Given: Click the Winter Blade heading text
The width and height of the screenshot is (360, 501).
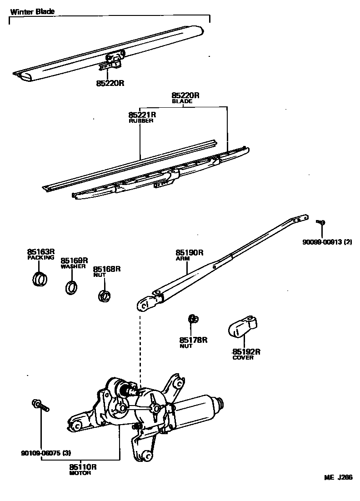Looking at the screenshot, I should tap(33, 11).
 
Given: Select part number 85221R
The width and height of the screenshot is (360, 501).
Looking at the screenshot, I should tap(142, 115).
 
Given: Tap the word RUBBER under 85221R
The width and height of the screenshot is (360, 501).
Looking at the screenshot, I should tap(142, 121).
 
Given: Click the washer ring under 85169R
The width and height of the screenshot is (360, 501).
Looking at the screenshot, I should tap(71, 288).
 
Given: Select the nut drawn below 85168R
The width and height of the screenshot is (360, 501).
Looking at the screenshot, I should tap(105, 296).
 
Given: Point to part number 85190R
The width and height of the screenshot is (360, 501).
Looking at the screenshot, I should tap(190, 252).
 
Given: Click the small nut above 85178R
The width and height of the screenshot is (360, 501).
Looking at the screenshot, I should tap(192, 318).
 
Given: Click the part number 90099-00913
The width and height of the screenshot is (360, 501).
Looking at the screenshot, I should tap(323, 242).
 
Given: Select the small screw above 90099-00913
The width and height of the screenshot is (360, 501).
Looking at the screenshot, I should tap(320, 222).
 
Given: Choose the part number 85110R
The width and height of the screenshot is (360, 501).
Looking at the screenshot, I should tap(83, 466).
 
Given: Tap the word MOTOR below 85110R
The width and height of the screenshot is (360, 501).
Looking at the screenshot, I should tap(80, 473).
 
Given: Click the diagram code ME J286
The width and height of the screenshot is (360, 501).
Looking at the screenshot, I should tap(338, 477).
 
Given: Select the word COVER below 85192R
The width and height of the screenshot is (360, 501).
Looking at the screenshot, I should tap(243, 357).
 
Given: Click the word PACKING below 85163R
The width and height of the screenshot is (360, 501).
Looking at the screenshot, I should tap(40, 257).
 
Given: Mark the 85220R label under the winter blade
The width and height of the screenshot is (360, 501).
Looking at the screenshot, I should tap(110, 84).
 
